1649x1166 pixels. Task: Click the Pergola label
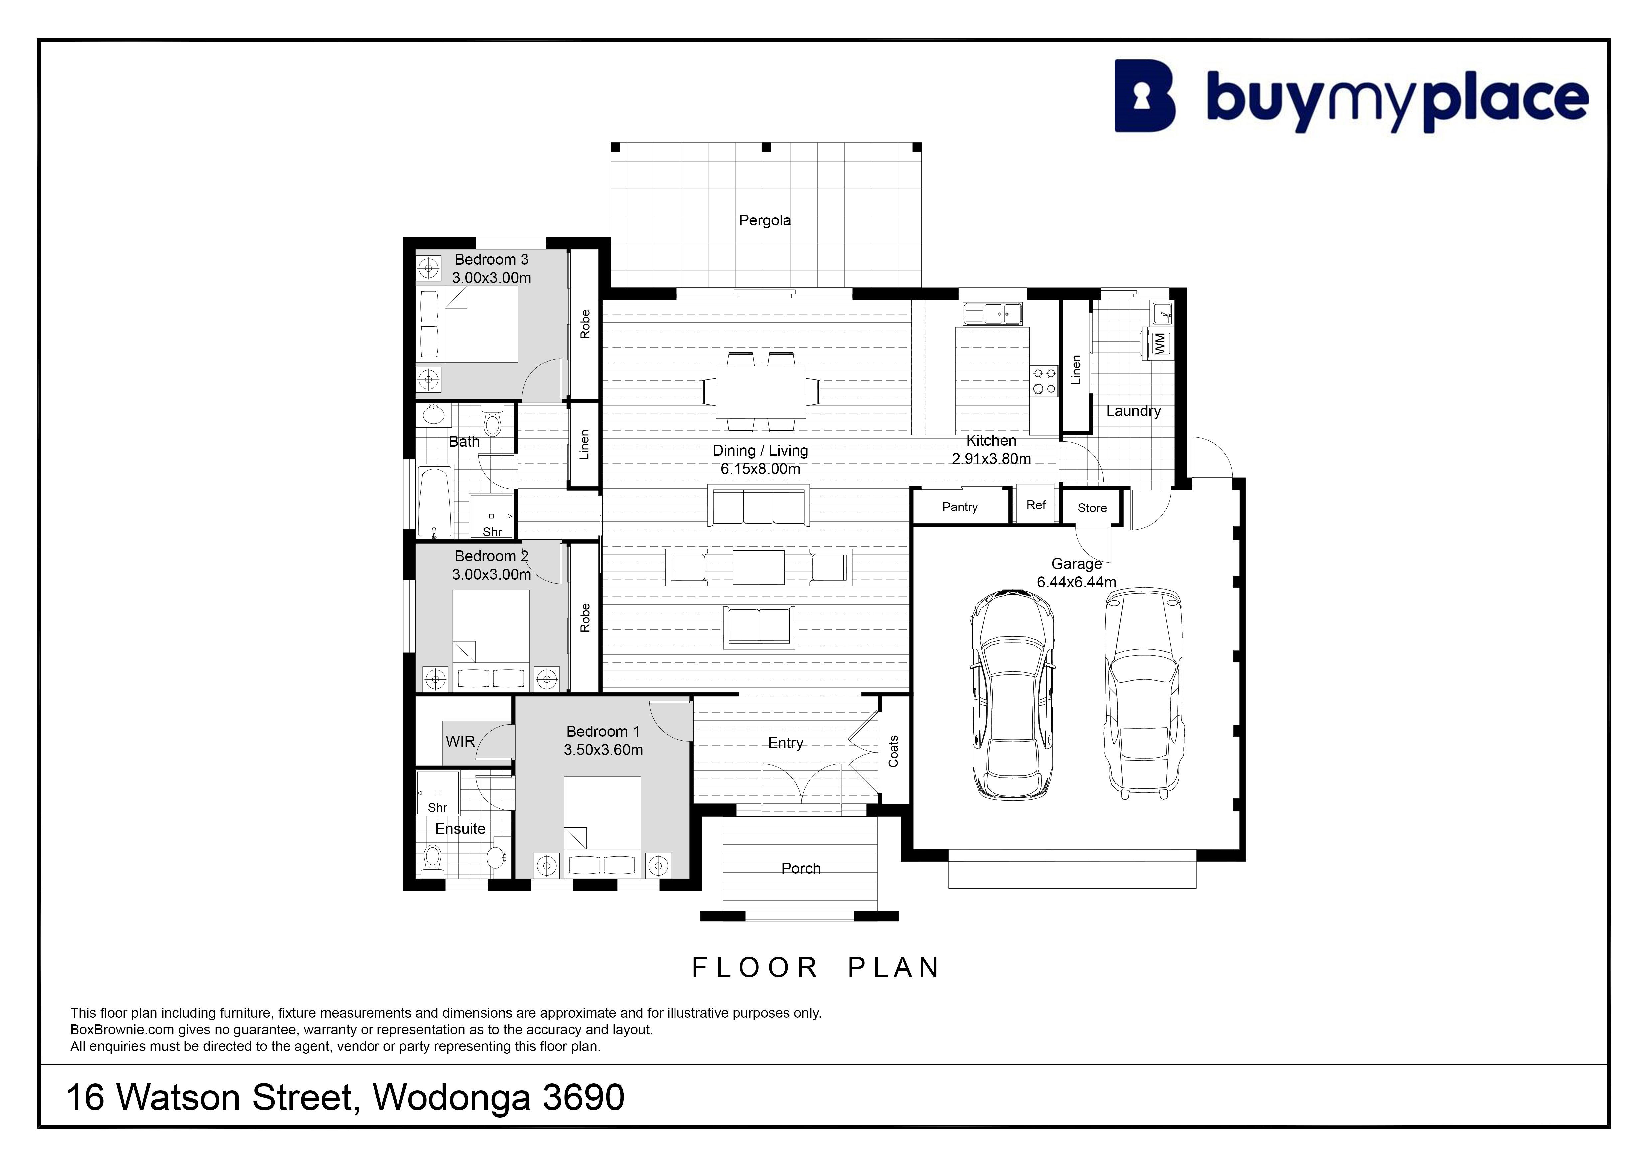(765, 220)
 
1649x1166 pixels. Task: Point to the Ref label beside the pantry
(1036, 505)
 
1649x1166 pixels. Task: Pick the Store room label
(1092, 508)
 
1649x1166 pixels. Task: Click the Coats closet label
(893, 751)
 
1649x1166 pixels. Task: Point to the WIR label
(460, 741)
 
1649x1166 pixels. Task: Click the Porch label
(801, 868)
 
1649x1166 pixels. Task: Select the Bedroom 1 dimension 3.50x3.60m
(603, 750)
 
